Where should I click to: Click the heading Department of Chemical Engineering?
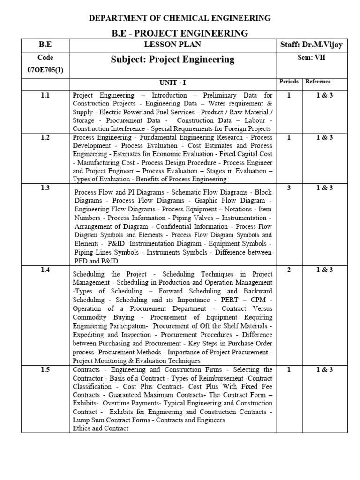[180, 18]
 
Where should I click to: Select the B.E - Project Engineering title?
[180, 33]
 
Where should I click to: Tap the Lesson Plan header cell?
[172, 45]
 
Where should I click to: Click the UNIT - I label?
[172, 82]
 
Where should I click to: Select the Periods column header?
[289, 82]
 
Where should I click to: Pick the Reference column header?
[318, 82]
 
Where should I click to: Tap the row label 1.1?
[45, 95]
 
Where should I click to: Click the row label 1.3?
[45, 188]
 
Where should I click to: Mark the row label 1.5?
[45, 370]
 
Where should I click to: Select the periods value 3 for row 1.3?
[289, 188]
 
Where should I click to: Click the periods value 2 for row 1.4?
[289, 270]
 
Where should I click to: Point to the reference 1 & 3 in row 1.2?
[324, 137]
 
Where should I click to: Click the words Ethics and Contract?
[101, 428]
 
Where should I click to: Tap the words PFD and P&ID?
[96, 261]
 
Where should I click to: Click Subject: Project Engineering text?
[172, 60]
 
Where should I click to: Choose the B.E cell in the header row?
[45, 45]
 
